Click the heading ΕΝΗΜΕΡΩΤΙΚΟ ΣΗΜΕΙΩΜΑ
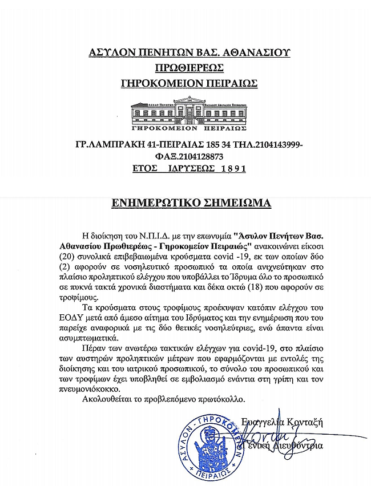190,203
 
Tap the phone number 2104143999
277,144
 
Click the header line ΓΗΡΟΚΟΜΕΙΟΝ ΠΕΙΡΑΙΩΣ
189,83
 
